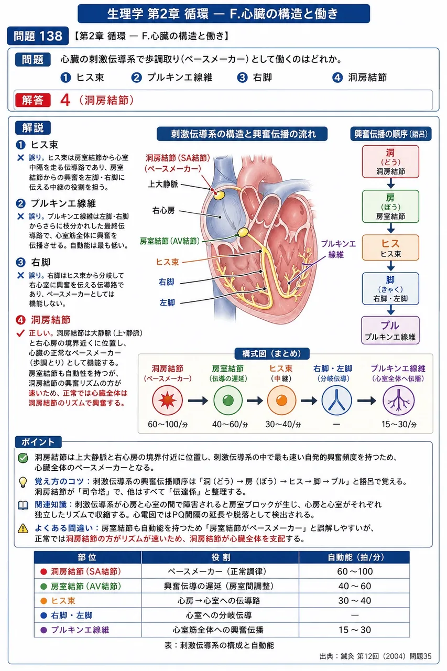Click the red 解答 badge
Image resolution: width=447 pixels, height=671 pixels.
point(32,100)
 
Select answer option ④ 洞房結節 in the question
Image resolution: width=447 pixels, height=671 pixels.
point(359,78)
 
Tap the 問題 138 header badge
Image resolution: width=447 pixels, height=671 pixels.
point(38,36)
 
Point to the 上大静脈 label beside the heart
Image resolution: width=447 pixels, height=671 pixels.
point(163,184)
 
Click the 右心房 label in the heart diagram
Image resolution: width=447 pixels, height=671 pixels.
point(163,211)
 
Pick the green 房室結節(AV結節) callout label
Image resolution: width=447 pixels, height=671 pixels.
point(170,241)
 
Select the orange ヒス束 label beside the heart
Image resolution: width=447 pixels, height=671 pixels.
point(167,262)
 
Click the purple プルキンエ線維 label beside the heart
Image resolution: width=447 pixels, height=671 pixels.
point(338,249)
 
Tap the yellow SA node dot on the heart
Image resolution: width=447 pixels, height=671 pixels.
point(219,195)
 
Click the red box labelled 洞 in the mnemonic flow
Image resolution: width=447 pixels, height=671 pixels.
point(390,162)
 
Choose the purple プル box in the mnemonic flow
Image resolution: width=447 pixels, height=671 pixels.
point(390,330)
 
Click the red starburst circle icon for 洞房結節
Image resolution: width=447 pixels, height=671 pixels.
point(167,401)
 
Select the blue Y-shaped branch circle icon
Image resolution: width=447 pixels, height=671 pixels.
point(336,401)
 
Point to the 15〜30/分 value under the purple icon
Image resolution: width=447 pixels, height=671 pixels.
point(398,424)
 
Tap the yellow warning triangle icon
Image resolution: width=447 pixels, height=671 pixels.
point(23,529)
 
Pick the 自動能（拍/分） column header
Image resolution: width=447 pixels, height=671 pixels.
point(355,557)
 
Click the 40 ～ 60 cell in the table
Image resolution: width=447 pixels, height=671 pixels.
point(355,586)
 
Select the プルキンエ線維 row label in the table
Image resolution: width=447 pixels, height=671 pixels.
point(80,630)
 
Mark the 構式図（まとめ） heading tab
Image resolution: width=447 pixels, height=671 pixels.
point(271,353)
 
